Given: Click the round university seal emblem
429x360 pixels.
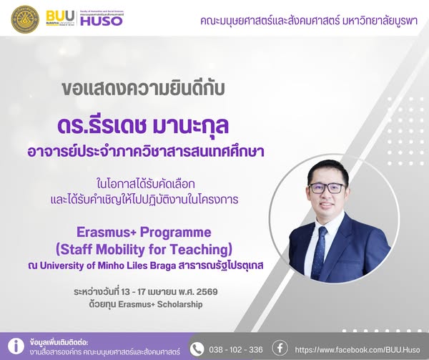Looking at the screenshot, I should click(x=25, y=19).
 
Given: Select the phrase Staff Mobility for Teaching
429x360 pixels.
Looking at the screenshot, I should click(x=144, y=249).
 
